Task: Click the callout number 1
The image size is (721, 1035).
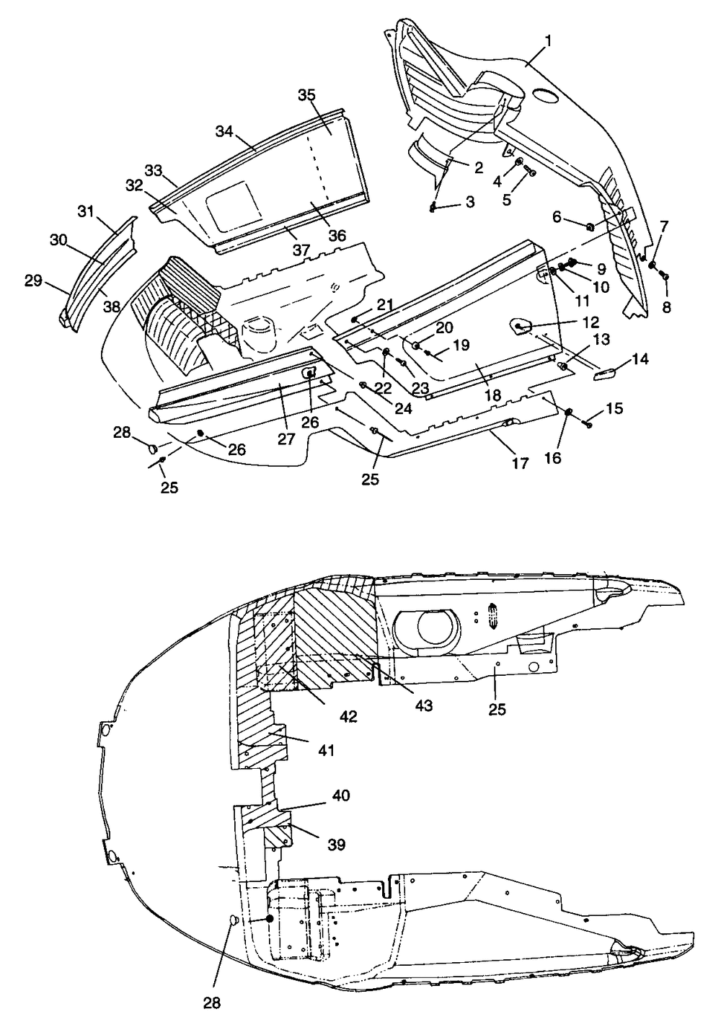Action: pyautogui.click(x=548, y=41)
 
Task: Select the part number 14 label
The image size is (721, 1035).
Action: pyautogui.click(x=640, y=359)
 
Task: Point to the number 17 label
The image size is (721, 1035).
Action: pyautogui.click(x=520, y=463)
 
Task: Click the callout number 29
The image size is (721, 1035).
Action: pyautogui.click(x=33, y=281)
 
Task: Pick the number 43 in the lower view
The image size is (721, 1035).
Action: pyautogui.click(x=424, y=705)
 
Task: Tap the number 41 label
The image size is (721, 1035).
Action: pyautogui.click(x=326, y=750)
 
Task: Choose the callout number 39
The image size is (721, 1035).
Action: pyautogui.click(x=336, y=845)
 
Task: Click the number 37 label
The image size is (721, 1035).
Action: pyautogui.click(x=301, y=250)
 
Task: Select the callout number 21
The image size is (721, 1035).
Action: pyautogui.click(x=384, y=304)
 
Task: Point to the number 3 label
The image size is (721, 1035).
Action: pyautogui.click(x=470, y=202)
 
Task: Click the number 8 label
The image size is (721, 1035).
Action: pyautogui.click(x=666, y=307)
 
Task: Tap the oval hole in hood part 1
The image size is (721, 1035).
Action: pyautogui.click(x=547, y=94)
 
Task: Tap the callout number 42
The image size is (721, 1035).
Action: pyautogui.click(x=348, y=717)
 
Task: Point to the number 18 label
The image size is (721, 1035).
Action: pyautogui.click(x=493, y=395)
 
